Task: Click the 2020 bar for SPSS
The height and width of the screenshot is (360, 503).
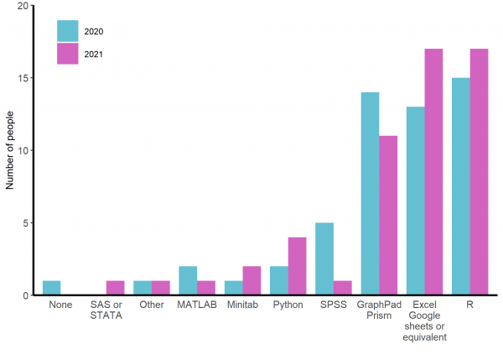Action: pyautogui.click(x=324, y=259)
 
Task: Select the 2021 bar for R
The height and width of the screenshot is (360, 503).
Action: pyautogui.click(x=479, y=172)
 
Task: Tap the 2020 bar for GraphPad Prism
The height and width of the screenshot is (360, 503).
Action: pyautogui.click(x=370, y=194)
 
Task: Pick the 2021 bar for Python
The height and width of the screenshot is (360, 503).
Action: pyautogui.click(x=297, y=267)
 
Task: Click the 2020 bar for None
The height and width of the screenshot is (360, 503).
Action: pyautogui.click(x=52, y=288)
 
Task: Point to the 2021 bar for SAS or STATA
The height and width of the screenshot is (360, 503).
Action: pyautogui.click(x=116, y=288)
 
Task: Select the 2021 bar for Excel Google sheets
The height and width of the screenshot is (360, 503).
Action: pyautogui.click(x=433, y=172)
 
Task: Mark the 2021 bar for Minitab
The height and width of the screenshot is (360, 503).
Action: pyautogui.click(x=251, y=281)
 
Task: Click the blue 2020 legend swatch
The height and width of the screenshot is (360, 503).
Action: pyautogui.click(x=67, y=31)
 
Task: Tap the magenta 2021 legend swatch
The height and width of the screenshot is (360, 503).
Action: pyautogui.click(x=67, y=54)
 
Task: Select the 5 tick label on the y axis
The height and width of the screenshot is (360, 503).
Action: pyautogui.click(x=24, y=223)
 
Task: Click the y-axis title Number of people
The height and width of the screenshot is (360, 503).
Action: pyautogui.click(x=11, y=151)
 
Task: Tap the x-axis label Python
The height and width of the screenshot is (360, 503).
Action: pyautogui.click(x=288, y=305)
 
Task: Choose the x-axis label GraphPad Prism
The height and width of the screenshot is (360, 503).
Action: pyautogui.click(x=379, y=310)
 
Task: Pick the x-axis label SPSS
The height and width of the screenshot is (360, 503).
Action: pyautogui.click(x=333, y=305)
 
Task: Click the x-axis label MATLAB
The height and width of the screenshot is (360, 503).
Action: pyautogui.click(x=197, y=305)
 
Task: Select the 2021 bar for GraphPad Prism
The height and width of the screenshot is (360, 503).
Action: pyautogui.click(x=388, y=216)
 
